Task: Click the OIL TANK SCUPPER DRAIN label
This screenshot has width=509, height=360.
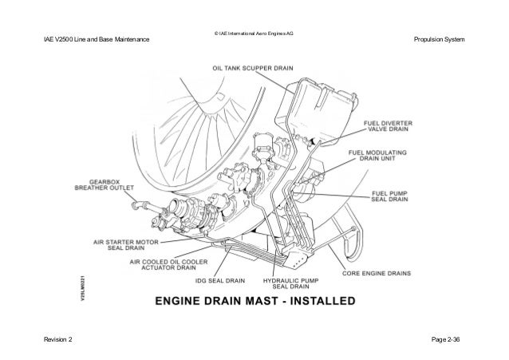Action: [x=251, y=69]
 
